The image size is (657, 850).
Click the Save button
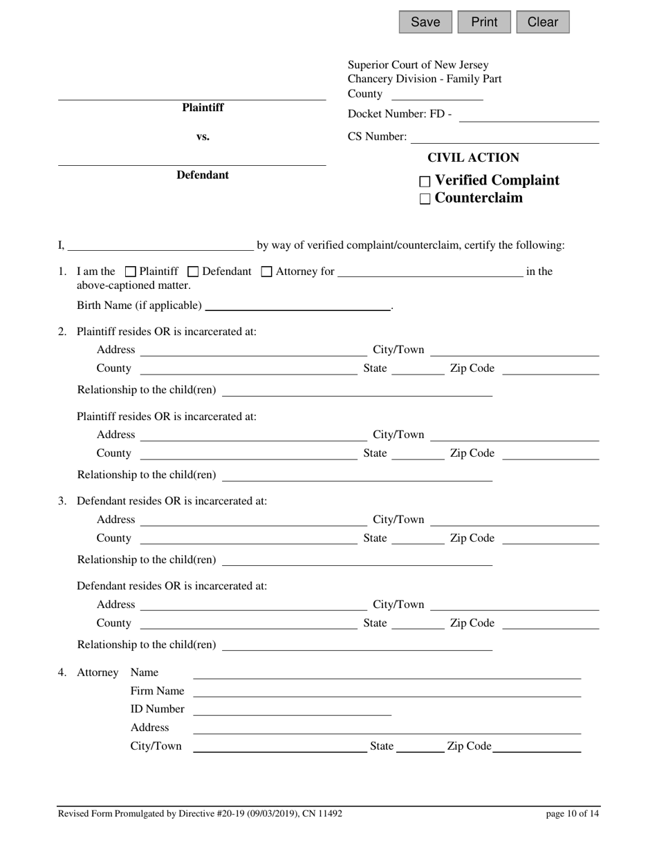425,22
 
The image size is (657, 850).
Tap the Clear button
543,22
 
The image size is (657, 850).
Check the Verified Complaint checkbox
425,182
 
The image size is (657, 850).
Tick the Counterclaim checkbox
425,199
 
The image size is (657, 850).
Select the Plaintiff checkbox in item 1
131,272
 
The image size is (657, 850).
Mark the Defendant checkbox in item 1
194,272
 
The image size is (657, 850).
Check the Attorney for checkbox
266,272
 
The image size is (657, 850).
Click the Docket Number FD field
528,115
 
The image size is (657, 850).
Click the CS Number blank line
504,138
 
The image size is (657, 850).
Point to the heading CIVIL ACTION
473,158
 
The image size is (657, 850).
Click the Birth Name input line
298,305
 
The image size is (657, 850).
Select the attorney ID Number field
292,710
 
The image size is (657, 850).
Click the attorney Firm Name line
387,691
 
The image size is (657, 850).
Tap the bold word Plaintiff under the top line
203,108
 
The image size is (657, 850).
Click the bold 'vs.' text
203,137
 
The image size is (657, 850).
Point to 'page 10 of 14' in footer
573,814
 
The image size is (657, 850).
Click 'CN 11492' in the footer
322,814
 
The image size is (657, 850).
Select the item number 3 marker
62,501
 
